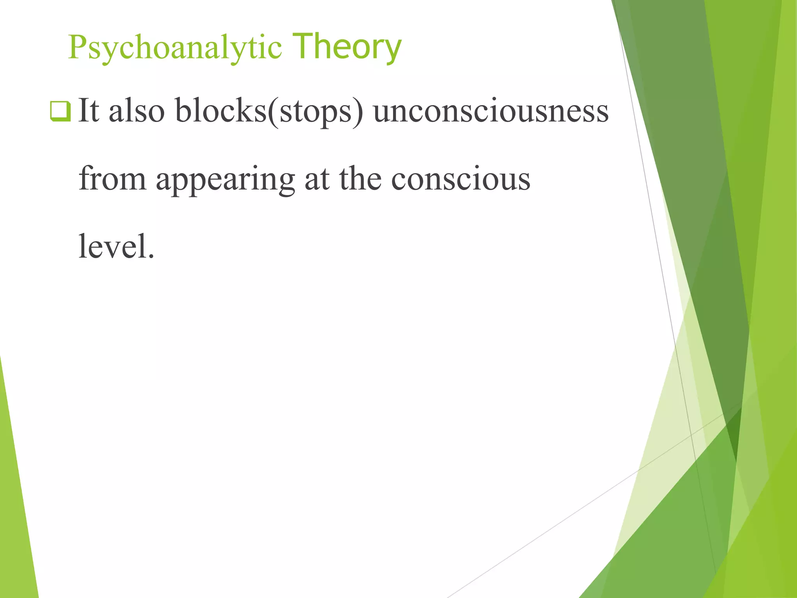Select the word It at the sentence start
89,111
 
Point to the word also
137,111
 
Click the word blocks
221,111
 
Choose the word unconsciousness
491,111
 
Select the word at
317,179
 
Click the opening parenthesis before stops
273,112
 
